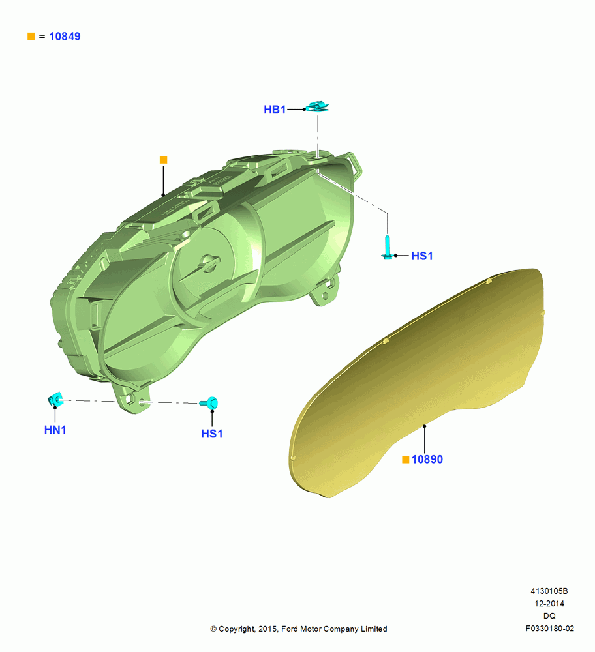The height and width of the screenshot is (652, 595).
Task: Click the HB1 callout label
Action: click(275, 110)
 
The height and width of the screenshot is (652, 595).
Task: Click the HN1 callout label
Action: click(55, 430)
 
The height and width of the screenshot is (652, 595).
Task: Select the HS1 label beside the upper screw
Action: click(422, 256)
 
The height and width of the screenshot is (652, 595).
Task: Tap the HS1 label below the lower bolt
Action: click(212, 434)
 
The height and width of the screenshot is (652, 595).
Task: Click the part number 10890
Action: click(427, 459)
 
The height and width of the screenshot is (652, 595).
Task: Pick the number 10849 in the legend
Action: click(65, 36)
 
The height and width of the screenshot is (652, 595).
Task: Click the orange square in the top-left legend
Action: click(31, 36)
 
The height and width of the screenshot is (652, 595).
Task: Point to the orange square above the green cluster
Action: click(164, 160)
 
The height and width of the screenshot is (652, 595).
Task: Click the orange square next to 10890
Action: click(406, 459)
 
